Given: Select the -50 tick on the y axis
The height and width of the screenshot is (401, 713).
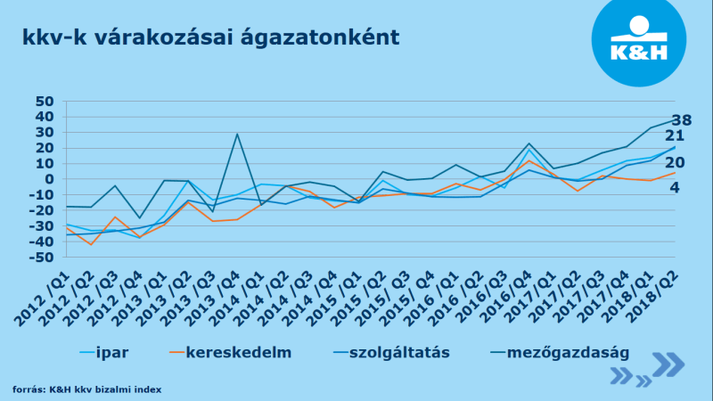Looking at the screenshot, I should tap(41, 258).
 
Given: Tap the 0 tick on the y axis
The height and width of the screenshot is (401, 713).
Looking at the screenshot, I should tap(50, 179).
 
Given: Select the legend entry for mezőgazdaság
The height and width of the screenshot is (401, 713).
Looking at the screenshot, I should tap(568, 352).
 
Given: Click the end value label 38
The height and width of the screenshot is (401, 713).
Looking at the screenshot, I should tap(681, 120).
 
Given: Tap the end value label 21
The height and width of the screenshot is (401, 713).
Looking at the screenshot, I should tap(674, 136).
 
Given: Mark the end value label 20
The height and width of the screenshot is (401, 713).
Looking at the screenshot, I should tap(674, 163).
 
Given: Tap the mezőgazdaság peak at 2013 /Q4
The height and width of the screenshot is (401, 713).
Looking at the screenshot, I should tap(237, 135).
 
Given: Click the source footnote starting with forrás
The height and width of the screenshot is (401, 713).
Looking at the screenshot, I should tap(86, 389).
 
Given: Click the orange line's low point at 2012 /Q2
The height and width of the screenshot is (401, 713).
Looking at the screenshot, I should tap(91, 244).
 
